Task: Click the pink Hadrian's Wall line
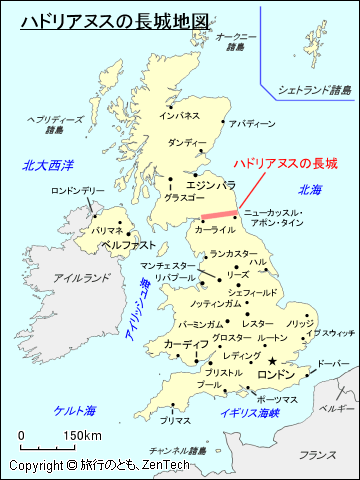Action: (x=216, y=215)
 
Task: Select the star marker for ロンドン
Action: (x=273, y=362)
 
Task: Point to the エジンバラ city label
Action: (x=211, y=185)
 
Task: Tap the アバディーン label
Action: (x=251, y=124)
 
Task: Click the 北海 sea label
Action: (x=309, y=190)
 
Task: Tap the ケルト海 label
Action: (x=75, y=410)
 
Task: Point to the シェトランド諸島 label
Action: (x=315, y=90)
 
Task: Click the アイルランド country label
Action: (x=76, y=277)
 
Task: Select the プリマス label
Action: (x=176, y=421)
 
